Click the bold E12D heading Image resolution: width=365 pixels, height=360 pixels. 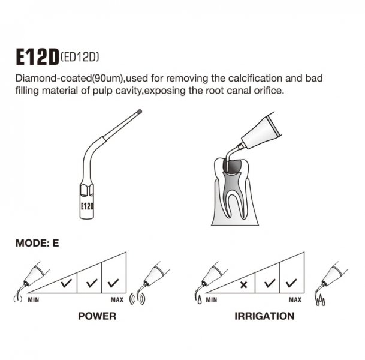[x=37, y=57]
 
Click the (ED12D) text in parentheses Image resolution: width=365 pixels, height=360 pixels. [x=80, y=56]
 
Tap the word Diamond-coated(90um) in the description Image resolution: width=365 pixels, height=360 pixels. [x=69, y=79]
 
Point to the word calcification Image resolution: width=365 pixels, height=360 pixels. [x=255, y=78]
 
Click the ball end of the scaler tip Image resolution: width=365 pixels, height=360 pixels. [x=140, y=112]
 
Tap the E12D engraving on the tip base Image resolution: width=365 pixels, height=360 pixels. [x=87, y=206]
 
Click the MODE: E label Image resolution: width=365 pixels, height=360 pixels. [x=37, y=243]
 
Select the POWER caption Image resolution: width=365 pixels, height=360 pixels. [x=97, y=316]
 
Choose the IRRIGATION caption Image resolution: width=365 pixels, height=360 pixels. [x=264, y=316]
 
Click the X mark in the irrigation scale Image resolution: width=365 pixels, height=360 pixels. [x=244, y=285]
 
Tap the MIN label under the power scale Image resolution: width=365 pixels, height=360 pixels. [x=34, y=299]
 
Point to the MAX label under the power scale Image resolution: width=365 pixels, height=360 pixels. [x=117, y=299]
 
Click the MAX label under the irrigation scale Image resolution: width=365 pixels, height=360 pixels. [x=295, y=299]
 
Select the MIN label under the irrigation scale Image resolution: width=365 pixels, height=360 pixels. [x=212, y=299]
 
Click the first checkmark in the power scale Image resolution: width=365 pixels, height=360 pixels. [x=67, y=283]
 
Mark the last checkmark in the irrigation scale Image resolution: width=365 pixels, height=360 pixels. [x=291, y=283]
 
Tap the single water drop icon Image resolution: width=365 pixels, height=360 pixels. [x=200, y=300]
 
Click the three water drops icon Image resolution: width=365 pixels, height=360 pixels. [x=321, y=300]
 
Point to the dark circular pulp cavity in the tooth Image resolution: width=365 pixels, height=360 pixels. [x=232, y=166]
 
